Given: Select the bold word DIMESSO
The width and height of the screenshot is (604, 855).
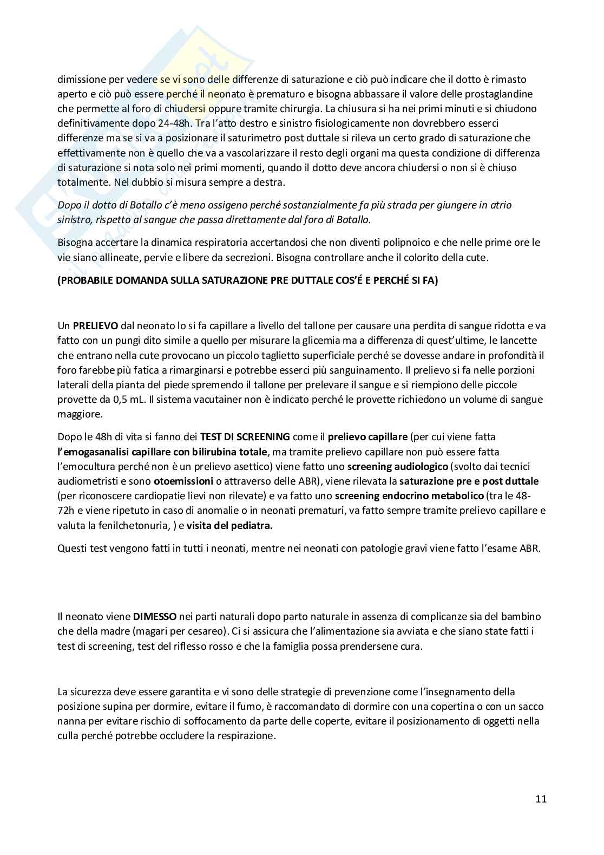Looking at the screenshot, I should coord(155,616).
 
